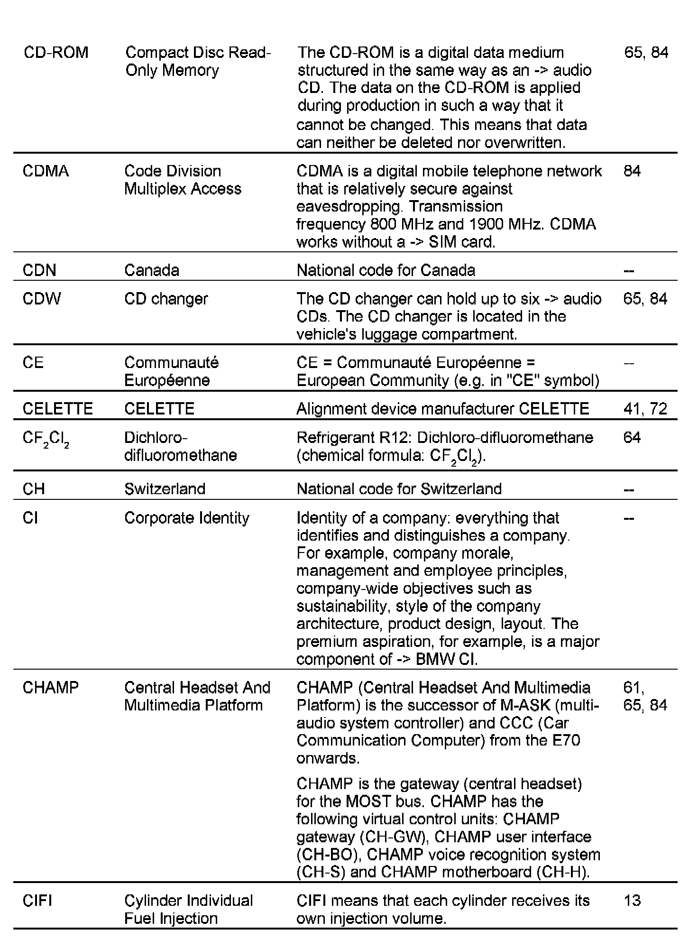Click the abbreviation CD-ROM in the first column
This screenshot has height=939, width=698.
coord(56,52)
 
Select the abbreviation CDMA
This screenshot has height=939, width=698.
coord(46,171)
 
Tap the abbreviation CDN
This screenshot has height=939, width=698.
coord(39,270)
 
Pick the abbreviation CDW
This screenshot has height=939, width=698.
coord(42,299)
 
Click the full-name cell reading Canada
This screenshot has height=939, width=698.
coord(152,270)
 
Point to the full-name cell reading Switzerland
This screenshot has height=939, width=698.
coord(165,489)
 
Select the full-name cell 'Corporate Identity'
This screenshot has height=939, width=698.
coord(186,518)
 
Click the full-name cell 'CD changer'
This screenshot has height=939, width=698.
coord(166,299)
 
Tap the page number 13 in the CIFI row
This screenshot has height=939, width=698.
coord(632,900)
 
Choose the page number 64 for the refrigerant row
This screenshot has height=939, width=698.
coord(632,437)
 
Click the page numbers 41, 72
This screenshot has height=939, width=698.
coord(645,409)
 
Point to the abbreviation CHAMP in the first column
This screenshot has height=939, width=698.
coord(51,687)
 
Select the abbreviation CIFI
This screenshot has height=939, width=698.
coord(37,900)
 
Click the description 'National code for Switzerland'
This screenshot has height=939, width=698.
coord(399,489)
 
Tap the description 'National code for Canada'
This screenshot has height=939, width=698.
coord(386,270)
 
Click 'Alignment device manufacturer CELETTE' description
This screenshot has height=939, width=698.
coord(442,409)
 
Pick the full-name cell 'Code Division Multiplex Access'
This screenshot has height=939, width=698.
coord(183,180)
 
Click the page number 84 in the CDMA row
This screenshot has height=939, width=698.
coord(632,171)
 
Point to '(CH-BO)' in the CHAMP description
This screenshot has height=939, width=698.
coord(327,854)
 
